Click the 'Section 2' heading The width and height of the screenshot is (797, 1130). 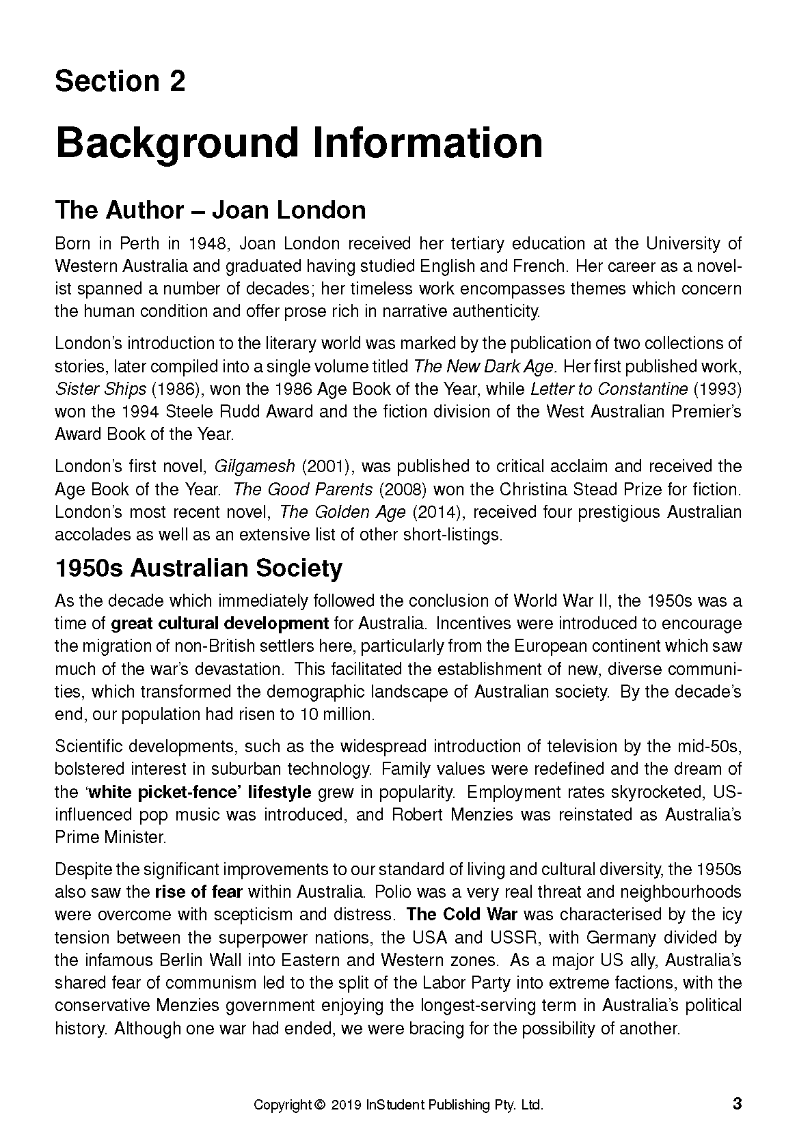pyautogui.click(x=120, y=81)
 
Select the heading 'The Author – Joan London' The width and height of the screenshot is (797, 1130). pyautogui.click(x=210, y=210)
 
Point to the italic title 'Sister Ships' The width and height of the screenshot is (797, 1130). pyautogui.click(x=100, y=389)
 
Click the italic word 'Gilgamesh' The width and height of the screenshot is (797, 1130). pyautogui.click(x=254, y=467)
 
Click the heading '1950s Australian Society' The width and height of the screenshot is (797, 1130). pyautogui.click(x=198, y=568)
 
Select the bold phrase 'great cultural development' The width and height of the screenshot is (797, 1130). pyautogui.click(x=219, y=624)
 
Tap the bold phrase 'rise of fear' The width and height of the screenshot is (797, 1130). pyautogui.click(x=198, y=892)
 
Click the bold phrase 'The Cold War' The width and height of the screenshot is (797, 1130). pyautogui.click(x=461, y=915)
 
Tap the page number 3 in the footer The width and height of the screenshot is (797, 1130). pyautogui.click(x=736, y=1103)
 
